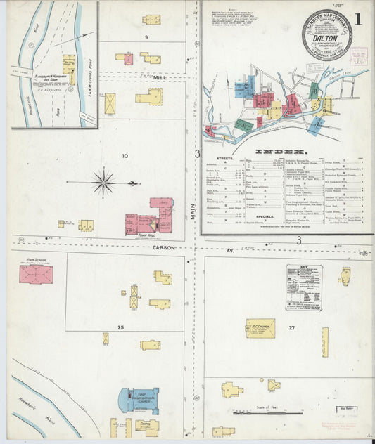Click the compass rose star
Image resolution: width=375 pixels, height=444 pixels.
104,183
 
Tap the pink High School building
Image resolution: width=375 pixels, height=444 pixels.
36,274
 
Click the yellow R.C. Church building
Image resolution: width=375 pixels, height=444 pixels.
260,328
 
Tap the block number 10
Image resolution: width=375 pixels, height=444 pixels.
125,156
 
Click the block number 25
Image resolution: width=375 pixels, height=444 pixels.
121,328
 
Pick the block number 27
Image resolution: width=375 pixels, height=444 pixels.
291,327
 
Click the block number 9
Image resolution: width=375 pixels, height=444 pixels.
146,37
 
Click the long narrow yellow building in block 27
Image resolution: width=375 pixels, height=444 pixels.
325,342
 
